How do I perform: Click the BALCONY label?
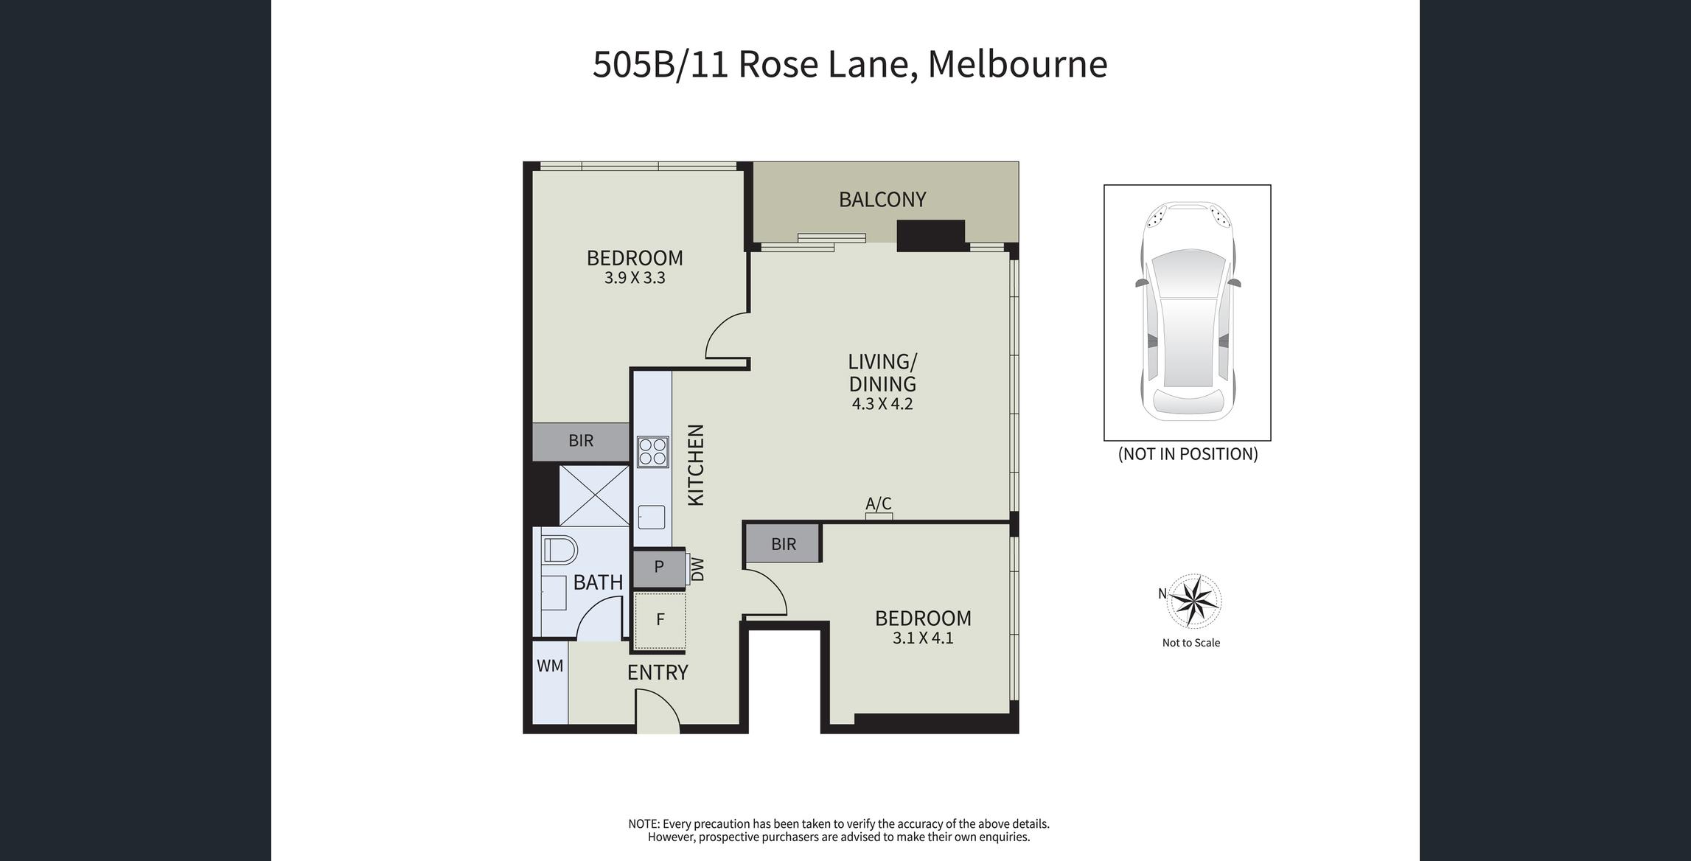[882, 199]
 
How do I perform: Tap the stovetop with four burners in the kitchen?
[653, 452]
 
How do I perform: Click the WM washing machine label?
[550, 666]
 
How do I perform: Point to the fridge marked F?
[660, 620]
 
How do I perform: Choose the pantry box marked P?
[659, 568]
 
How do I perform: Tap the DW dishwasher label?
[698, 569]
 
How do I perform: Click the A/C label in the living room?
[879, 503]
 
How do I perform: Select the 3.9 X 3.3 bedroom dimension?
[635, 278]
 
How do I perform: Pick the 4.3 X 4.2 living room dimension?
[882, 404]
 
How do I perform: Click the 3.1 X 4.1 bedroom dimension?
[923, 638]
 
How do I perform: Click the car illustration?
[1188, 311]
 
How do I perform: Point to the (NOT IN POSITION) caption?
[1188, 454]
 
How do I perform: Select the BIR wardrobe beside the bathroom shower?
[581, 442]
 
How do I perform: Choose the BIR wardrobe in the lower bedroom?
[783, 544]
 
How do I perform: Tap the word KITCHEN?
[696, 465]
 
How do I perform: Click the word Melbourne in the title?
[1017, 64]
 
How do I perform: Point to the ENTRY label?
[658, 672]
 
